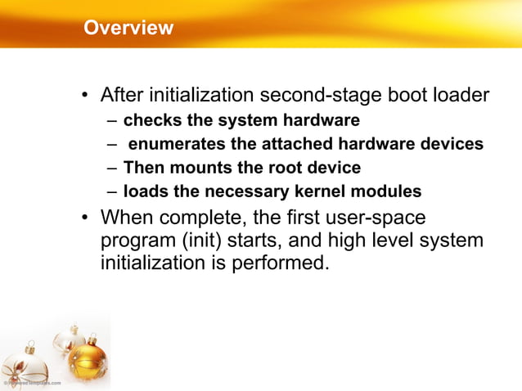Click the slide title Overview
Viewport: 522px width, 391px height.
pyautogui.click(x=128, y=28)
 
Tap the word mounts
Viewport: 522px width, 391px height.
pyautogui.click(x=191, y=169)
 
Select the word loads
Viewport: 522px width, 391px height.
pyautogui.click(x=143, y=192)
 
